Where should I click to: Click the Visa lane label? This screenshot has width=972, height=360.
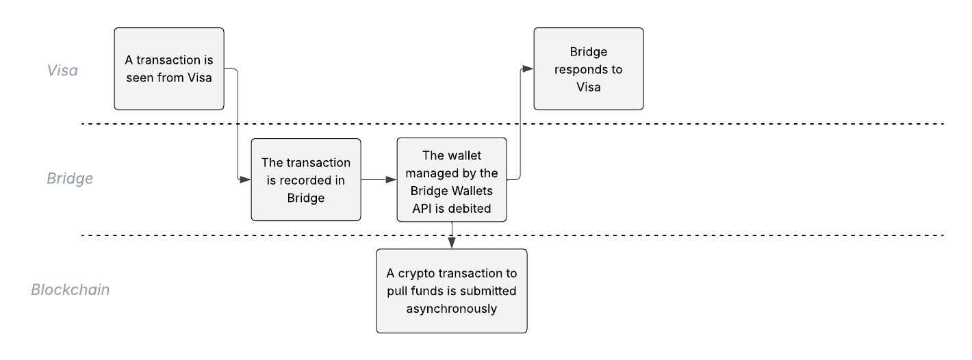[62, 70]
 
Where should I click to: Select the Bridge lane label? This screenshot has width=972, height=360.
[70, 179]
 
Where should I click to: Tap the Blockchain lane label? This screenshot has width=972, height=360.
[71, 290]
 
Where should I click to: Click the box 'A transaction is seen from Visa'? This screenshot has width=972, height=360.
[169, 68]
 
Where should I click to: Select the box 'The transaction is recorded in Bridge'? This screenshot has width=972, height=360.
[306, 179]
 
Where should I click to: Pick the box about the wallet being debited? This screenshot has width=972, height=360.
[452, 179]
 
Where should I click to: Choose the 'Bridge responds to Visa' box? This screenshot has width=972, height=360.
[589, 68]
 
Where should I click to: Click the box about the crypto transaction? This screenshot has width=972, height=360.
[452, 291]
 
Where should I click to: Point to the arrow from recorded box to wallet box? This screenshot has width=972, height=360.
[379, 179]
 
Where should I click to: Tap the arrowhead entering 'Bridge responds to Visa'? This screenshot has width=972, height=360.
[528, 68]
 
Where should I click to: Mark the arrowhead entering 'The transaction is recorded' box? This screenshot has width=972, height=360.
[245, 179]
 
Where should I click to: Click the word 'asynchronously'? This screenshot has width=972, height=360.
[452, 309]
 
